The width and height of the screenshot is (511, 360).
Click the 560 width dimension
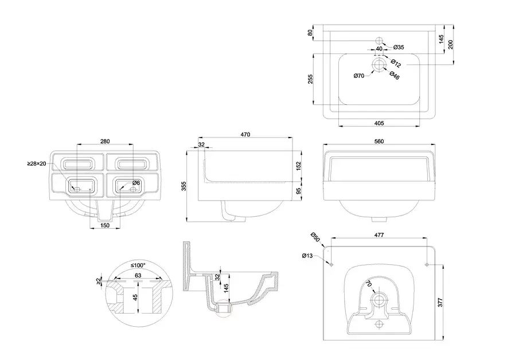(379, 142)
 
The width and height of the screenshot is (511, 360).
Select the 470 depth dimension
(245, 135)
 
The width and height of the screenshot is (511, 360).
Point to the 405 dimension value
(379, 122)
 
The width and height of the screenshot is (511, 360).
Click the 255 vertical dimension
(310, 79)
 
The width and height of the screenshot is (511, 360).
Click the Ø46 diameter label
(394, 75)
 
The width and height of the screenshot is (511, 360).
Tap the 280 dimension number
(104, 142)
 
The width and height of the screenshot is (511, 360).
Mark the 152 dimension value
(299, 165)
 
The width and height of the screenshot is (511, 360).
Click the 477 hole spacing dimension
(379, 235)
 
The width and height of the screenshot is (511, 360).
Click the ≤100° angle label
(138, 265)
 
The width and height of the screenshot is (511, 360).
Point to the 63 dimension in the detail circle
(138, 276)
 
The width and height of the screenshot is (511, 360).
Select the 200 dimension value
(451, 44)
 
